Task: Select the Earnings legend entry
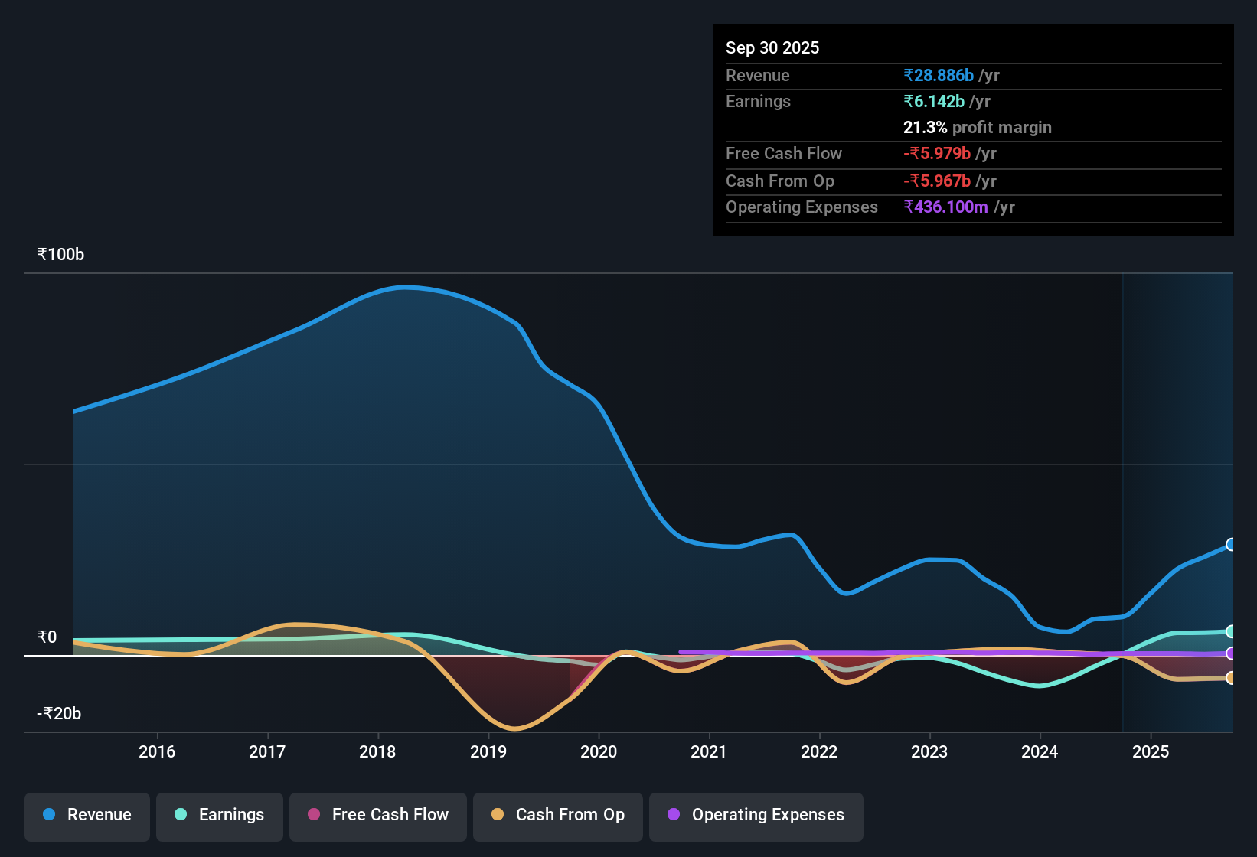pyautogui.click(x=220, y=815)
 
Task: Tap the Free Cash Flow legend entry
pyautogui.click(x=378, y=815)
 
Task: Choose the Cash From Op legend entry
pyautogui.click(x=558, y=815)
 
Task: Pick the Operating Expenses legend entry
pyautogui.click(x=756, y=815)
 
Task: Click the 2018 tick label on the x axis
pyautogui.click(x=377, y=751)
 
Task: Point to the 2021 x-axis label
pyautogui.click(x=709, y=751)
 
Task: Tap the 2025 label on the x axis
pyautogui.click(x=1150, y=751)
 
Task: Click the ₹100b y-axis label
pyautogui.click(x=61, y=255)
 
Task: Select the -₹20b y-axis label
pyautogui.click(x=60, y=714)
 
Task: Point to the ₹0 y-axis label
pyautogui.click(x=47, y=637)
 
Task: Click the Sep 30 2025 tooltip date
pyautogui.click(x=772, y=48)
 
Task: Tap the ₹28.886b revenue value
pyautogui.click(x=939, y=76)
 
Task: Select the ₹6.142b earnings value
pyautogui.click(x=934, y=102)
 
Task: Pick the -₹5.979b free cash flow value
pyautogui.click(x=937, y=154)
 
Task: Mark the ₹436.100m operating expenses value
pyautogui.click(x=945, y=207)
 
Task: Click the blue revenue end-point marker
pyautogui.click(x=1230, y=545)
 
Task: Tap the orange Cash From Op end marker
pyautogui.click(x=1230, y=678)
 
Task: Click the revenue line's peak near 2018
pyautogui.click(x=403, y=288)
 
